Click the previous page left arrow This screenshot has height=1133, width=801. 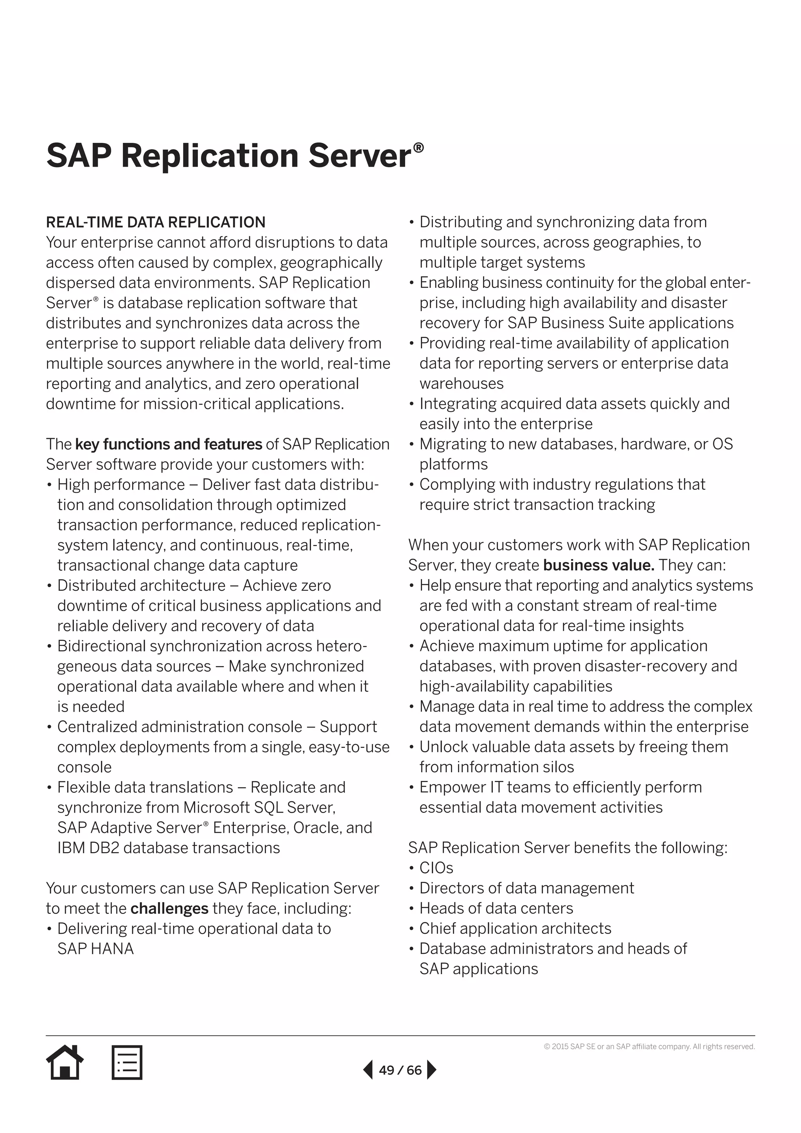(x=368, y=1070)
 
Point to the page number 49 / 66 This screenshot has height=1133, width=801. (x=400, y=1070)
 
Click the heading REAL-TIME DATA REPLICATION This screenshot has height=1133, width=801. (x=155, y=223)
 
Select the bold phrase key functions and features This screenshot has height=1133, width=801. (x=168, y=444)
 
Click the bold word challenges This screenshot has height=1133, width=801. (x=170, y=908)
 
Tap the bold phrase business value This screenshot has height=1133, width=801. (x=598, y=565)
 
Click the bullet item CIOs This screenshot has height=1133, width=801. (x=436, y=868)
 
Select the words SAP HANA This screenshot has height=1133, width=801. (x=95, y=949)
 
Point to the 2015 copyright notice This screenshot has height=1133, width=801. (x=649, y=1047)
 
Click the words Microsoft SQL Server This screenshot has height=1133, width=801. (x=259, y=807)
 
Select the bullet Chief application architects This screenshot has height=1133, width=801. (x=515, y=929)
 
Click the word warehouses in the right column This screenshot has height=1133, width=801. (x=461, y=383)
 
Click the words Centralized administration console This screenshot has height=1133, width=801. (x=180, y=727)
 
